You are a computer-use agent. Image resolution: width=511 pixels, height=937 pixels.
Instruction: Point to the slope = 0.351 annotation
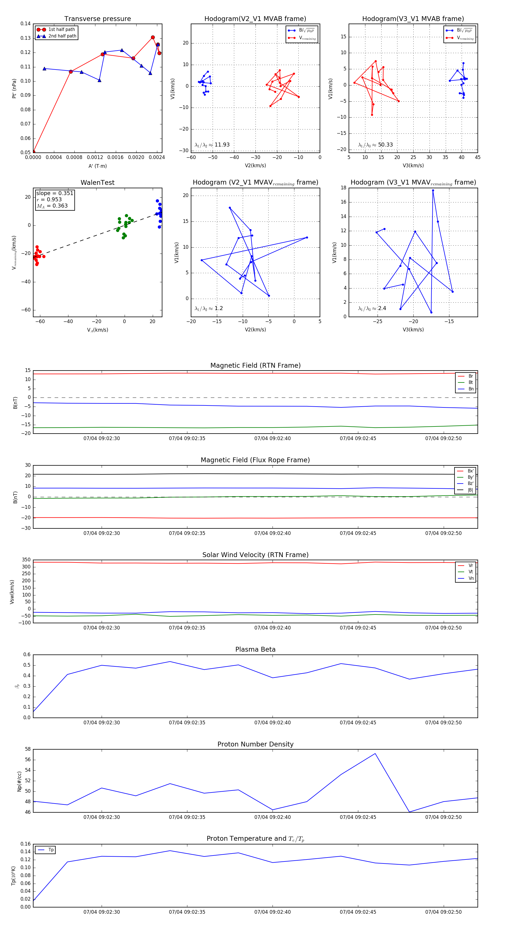(55, 193)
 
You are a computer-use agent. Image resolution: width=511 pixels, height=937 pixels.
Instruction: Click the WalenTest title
(97, 183)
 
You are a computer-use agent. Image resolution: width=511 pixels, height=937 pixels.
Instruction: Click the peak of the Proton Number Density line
(375, 754)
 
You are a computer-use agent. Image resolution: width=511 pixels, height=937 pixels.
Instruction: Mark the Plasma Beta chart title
(255, 650)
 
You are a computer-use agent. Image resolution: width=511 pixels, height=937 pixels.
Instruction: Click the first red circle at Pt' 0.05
(33, 152)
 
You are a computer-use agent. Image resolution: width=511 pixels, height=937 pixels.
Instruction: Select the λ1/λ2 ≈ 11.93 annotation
(212, 145)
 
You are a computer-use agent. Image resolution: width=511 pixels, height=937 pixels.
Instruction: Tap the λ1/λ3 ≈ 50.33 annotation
(375, 145)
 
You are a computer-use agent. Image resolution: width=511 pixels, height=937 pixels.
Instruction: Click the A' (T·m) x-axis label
(97, 166)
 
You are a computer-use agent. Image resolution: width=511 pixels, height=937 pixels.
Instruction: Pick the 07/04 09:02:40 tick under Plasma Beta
(273, 723)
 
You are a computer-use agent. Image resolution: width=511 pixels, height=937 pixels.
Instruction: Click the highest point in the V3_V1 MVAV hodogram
(433, 190)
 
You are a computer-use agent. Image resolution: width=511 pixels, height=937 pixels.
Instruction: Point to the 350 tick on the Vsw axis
(26, 560)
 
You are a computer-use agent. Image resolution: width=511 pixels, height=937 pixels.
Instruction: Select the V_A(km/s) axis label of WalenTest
(97, 330)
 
